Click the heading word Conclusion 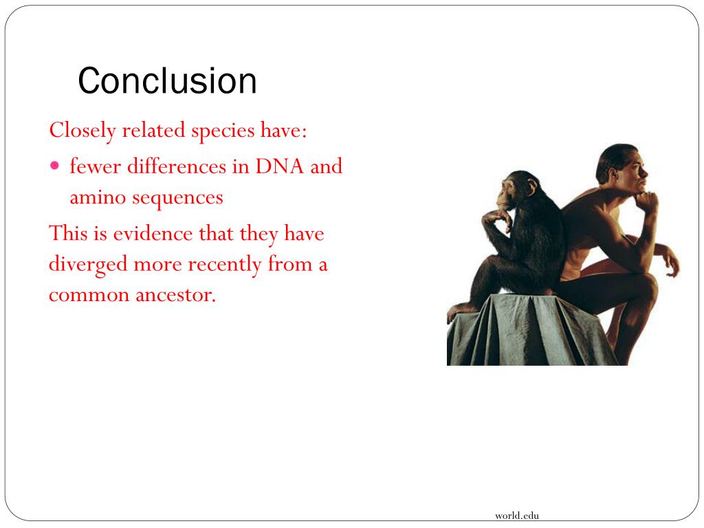pyautogui.click(x=167, y=81)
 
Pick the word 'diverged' pyautogui.click(x=88, y=265)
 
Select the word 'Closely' pyautogui.click(x=82, y=130)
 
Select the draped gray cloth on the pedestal pyautogui.click(x=522, y=333)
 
